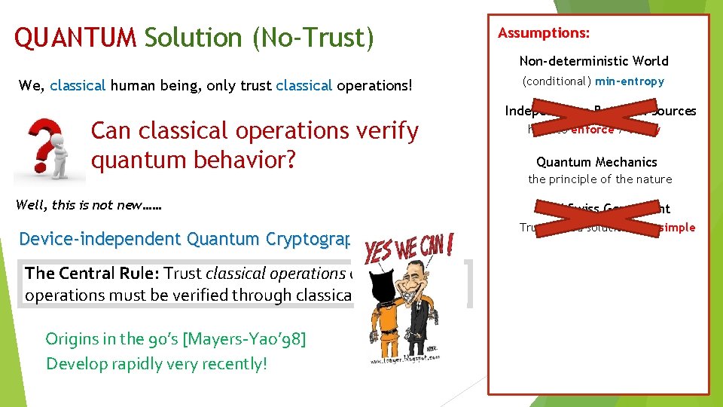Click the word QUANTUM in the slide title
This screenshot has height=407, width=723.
[75, 38]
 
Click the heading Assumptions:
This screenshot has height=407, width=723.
[543, 33]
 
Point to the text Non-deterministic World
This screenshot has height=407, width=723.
[593, 61]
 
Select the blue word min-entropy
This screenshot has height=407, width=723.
[629, 81]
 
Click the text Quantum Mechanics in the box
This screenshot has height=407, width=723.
[596, 162]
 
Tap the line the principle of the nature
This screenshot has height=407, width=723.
[599, 179]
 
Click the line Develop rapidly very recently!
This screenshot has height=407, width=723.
[157, 364]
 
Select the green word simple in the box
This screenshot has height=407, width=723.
[679, 228]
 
